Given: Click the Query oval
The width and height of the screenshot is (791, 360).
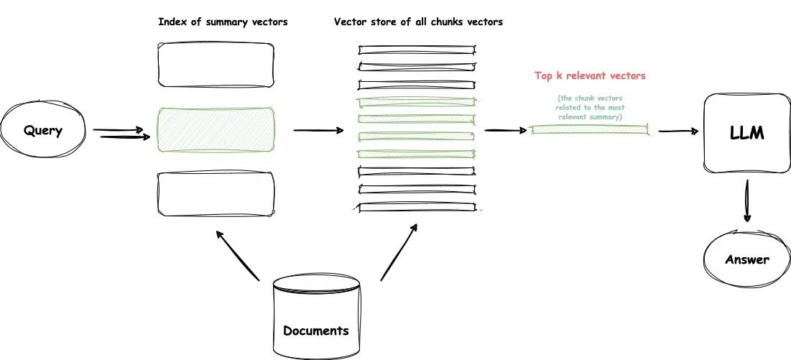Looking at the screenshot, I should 44,131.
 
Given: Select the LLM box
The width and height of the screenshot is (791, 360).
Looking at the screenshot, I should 746,133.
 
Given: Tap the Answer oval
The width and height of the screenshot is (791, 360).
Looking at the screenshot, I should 746,259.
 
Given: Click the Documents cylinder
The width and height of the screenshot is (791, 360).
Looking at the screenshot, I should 316,320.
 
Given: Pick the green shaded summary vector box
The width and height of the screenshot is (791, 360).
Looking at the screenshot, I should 216,131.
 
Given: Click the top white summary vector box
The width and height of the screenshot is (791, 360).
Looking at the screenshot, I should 216,65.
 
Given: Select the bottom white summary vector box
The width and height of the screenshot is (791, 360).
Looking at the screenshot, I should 216,193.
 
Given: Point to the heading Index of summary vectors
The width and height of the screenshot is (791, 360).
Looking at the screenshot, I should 223,22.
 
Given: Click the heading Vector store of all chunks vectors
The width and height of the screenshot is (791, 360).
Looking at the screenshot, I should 418,22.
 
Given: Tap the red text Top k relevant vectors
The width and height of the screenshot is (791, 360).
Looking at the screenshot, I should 590,75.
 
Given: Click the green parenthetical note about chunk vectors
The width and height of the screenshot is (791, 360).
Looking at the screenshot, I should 590,107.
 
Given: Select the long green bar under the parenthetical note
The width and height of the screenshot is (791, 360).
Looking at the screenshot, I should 590,129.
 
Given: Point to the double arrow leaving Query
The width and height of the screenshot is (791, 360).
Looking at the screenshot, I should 119,133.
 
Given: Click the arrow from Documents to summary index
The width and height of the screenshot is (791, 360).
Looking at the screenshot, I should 237,255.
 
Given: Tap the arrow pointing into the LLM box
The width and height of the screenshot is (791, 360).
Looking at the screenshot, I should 678,131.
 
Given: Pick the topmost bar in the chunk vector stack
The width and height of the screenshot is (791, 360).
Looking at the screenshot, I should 417,50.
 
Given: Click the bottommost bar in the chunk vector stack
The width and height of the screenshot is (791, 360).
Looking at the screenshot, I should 417,207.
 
